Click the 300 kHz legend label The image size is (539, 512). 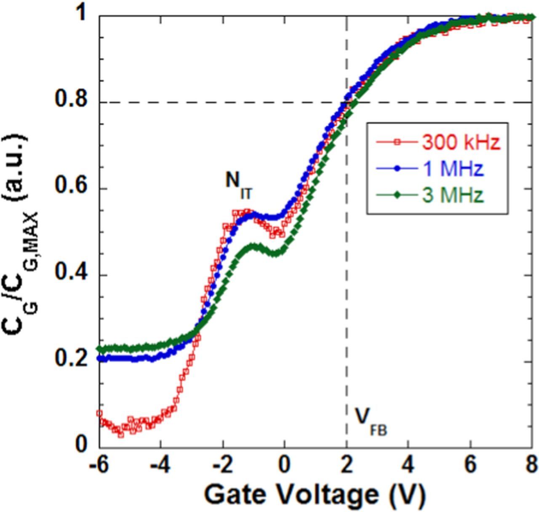pyautogui.click(x=460, y=143)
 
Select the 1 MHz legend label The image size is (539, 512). pyautogui.click(x=452, y=169)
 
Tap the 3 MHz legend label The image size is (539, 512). pyautogui.click(x=452, y=195)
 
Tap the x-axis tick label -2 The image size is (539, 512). pyautogui.click(x=222, y=465)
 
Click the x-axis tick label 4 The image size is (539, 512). pyautogui.click(x=408, y=465)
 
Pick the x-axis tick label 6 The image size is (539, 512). pyautogui.click(x=470, y=465)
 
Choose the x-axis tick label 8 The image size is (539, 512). pyautogui.click(x=531, y=465)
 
